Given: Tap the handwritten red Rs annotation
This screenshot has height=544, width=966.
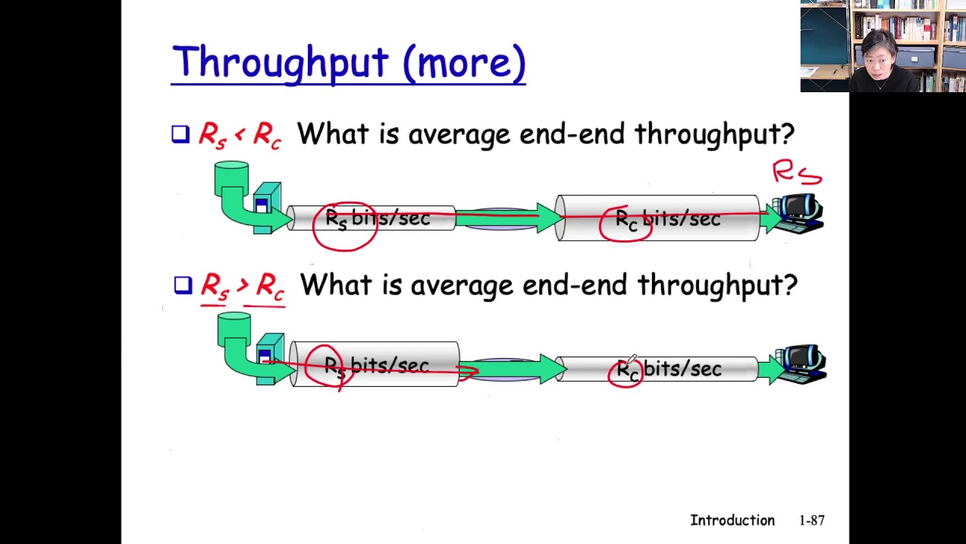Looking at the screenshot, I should click(796, 172).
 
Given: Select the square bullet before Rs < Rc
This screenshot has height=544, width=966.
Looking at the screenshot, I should click(180, 134).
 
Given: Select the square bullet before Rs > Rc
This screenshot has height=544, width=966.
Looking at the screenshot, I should click(183, 285).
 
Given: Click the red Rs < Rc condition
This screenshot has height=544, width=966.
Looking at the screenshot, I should click(240, 135).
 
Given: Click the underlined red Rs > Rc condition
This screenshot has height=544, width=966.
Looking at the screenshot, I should click(242, 286).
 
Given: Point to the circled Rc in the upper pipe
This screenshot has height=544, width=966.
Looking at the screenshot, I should click(626, 221).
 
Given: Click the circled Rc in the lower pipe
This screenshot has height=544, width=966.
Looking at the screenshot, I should click(626, 370).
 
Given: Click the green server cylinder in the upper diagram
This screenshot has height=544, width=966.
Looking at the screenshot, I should click(231, 178).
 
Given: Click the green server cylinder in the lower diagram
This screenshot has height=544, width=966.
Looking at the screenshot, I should click(234, 327).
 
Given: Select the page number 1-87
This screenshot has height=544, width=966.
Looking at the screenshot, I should click(811, 521).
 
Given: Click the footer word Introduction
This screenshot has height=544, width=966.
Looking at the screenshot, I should click(732, 521).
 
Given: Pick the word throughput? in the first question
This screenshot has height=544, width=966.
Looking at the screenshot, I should click(714, 134).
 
